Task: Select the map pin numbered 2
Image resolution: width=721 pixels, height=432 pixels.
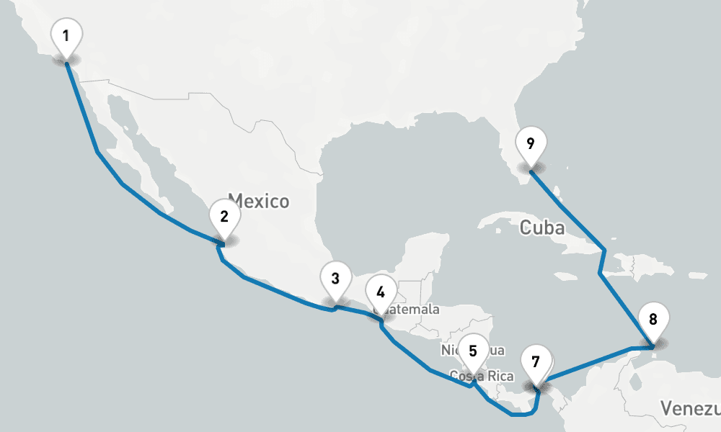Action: (224, 217)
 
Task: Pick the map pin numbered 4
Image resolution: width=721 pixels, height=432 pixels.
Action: (381, 293)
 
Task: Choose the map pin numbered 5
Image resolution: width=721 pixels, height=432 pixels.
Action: (473, 352)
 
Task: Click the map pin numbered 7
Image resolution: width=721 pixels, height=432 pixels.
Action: (535, 362)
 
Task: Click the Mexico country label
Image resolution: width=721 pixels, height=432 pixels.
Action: (258, 200)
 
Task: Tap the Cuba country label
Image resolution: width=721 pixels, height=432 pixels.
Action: (541, 228)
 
